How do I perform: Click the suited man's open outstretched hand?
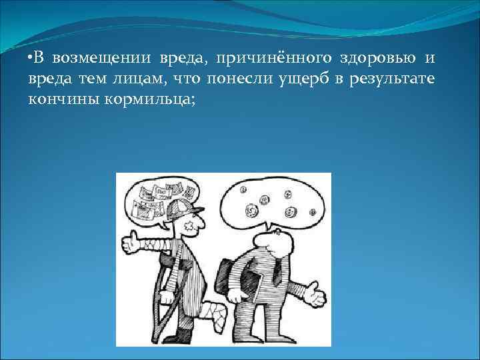coord(314,293)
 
